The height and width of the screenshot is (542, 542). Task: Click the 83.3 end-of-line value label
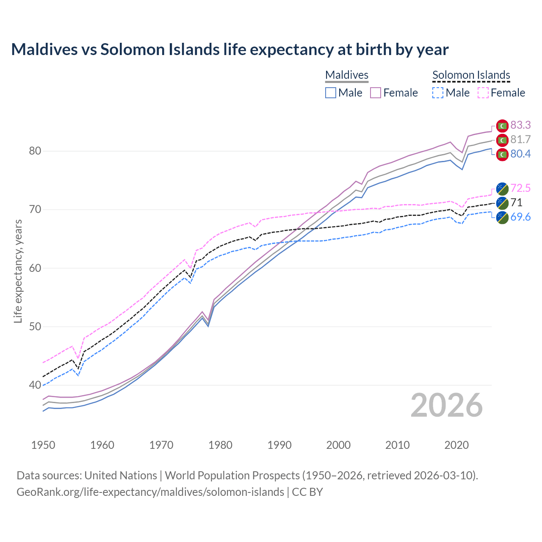(x=520, y=125)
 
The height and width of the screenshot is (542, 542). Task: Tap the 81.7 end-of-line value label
(x=520, y=140)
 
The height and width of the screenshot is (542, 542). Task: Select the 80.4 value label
(x=520, y=154)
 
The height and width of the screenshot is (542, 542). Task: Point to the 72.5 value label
(x=520, y=188)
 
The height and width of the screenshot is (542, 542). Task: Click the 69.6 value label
(x=520, y=217)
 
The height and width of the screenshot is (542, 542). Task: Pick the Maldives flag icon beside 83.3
(x=502, y=126)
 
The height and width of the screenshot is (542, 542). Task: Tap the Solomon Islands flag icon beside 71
(x=502, y=203)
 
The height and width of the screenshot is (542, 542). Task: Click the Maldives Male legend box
(x=331, y=93)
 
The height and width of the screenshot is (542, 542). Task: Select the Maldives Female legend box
(x=376, y=93)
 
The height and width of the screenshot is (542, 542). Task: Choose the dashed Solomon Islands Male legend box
(x=438, y=93)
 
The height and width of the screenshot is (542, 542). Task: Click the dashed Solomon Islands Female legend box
(x=483, y=93)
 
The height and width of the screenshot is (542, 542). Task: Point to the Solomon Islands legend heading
(x=471, y=75)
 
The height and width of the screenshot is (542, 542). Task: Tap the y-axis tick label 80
(x=35, y=151)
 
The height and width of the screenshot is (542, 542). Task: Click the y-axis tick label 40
(x=35, y=385)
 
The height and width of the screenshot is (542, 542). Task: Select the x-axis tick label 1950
(x=43, y=445)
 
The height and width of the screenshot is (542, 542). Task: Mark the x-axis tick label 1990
(x=279, y=445)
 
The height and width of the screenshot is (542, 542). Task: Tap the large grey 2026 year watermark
(x=446, y=406)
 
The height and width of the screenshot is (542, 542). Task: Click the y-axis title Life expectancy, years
(x=18, y=271)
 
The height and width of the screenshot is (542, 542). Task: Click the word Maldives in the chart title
(x=44, y=50)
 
